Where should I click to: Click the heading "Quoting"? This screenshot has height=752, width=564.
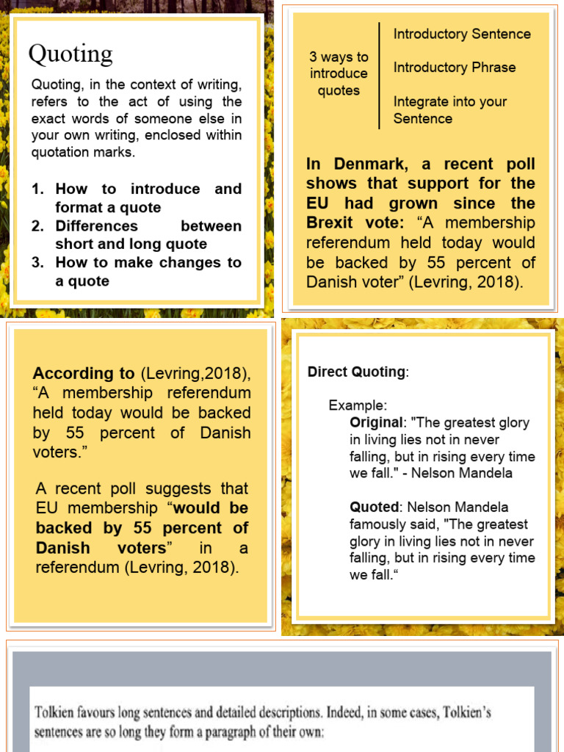70,54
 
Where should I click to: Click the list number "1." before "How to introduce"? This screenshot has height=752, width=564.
38,189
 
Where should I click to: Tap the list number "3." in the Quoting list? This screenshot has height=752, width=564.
38,263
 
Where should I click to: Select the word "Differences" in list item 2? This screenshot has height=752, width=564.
97,226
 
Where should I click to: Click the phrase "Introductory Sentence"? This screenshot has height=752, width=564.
462,34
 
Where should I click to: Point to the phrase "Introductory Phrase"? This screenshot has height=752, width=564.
455,68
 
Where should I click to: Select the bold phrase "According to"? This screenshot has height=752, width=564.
84,373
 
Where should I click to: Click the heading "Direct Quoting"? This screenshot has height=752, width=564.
356,372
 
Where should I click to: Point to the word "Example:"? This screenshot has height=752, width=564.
358,405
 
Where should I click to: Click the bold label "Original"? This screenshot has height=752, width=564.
377,422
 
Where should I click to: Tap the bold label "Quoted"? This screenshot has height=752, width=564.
375,507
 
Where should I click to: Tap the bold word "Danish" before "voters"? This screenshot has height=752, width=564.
63,548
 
